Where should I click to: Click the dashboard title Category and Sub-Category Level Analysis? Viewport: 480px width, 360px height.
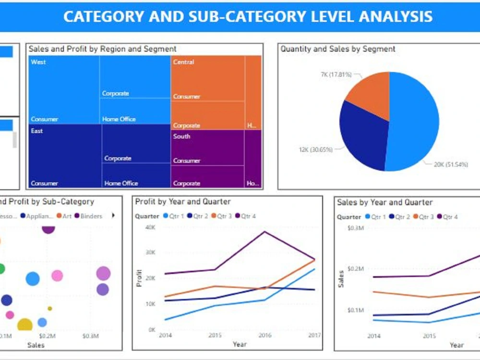point(248,16)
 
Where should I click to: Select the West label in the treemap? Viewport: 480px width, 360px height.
point(38,62)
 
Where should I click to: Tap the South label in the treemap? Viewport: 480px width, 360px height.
point(181,136)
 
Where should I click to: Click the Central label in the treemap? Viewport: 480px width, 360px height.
point(183,62)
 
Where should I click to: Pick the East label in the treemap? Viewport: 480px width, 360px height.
point(37,131)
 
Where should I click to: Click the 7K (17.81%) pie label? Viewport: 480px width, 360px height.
point(336,75)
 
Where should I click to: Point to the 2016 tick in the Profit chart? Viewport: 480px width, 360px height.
point(265,335)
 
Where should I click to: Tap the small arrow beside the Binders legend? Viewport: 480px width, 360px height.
point(113,216)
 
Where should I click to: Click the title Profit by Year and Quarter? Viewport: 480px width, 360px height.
point(182,202)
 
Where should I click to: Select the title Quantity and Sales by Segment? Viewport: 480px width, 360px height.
point(337,49)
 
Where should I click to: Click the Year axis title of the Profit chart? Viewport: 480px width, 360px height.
point(240,344)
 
